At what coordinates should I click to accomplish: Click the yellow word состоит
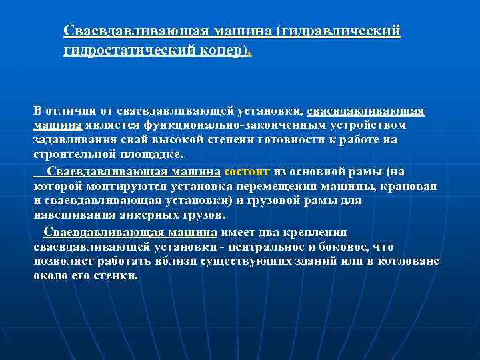pyautogui.click(x=248, y=172)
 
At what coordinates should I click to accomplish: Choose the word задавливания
pyautogui.click(x=70, y=140)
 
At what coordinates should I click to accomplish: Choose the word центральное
pyautogui.click(x=258, y=247)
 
